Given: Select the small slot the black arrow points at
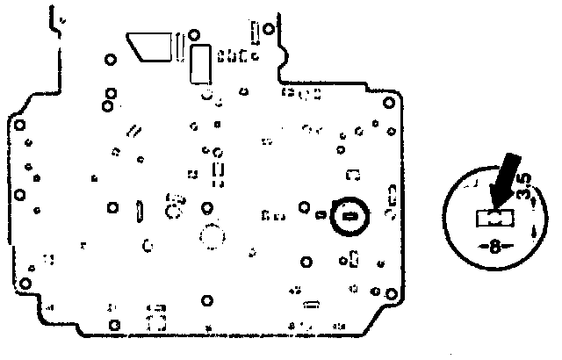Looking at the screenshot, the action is click(494, 215).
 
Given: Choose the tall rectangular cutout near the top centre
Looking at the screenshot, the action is click(199, 65).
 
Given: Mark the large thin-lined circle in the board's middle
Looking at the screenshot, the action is click(212, 236).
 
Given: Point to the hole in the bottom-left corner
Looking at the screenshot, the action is click(26, 283).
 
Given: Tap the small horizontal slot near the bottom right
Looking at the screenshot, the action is click(310, 306).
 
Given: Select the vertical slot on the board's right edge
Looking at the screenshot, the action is click(393, 200).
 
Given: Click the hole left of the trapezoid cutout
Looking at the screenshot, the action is click(110, 61).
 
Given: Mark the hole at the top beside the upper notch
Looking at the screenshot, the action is click(268, 31).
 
